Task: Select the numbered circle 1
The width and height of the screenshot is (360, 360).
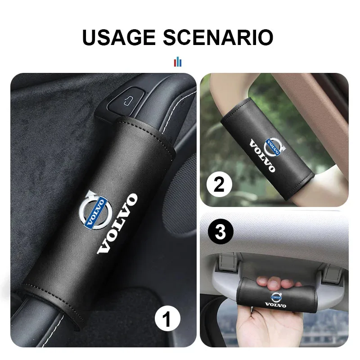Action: [x=166, y=321]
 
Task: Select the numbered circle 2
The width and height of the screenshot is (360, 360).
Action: [x=219, y=185]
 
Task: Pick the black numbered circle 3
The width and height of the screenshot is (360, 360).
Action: [x=220, y=234]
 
